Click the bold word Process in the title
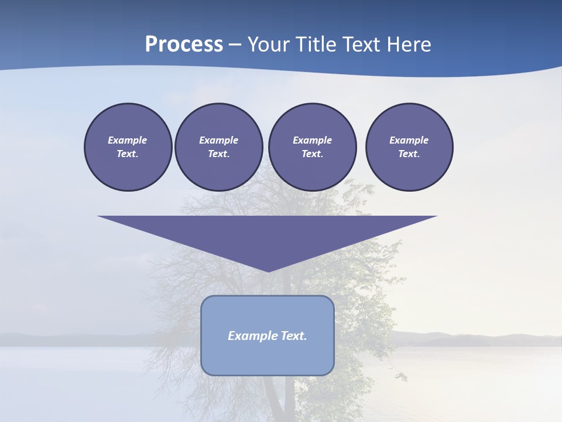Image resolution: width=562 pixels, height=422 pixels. pyautogui.click(x=184, y=45)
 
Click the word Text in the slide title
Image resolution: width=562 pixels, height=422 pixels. pyautogui.click(x=360, y=45)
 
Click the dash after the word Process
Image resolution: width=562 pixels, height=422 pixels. pyautogui.click(x=235, y=45)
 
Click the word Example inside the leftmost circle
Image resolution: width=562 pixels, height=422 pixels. pyautogui.click(x=128, y=140)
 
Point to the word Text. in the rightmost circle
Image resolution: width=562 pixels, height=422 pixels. pyautogui.click(x=409, y=154)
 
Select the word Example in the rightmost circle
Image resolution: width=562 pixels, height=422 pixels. pyautogui.click(x=409, y=140)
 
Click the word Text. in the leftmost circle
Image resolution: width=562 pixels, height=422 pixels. pyautogui.click(x=128, y=154)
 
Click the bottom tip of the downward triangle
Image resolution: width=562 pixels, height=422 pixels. pyautogui.click(x=268, y=271)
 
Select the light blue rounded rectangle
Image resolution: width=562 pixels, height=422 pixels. pyautogui.click(x=268, y=358)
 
